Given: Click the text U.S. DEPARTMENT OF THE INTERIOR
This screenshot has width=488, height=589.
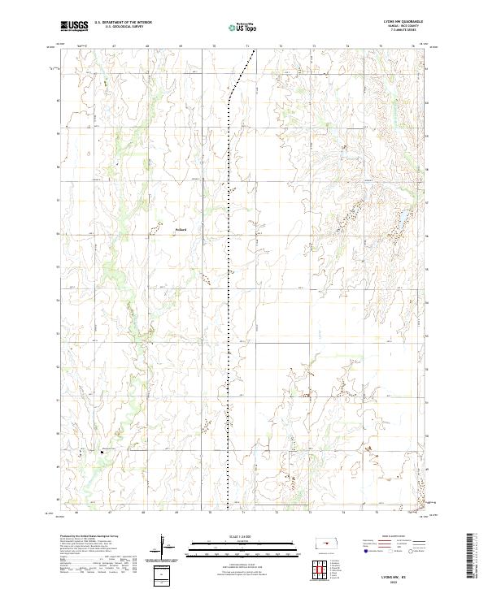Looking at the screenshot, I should coord(123,22).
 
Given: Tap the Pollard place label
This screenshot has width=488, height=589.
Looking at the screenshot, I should coord(181,230).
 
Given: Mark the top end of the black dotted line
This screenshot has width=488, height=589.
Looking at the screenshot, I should coord(254,51).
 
